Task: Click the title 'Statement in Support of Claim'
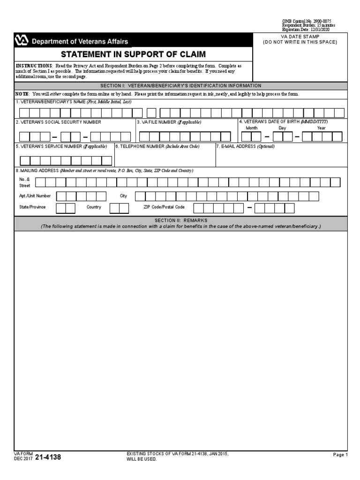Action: (133, 54)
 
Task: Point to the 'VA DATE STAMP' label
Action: (300, 37)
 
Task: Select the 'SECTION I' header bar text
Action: (181, 86)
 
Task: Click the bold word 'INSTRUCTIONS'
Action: (34, 66)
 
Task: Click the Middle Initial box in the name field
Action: (151, 113)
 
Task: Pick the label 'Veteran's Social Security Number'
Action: (58, 122)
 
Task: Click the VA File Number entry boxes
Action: (185, 136)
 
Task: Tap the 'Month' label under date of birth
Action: (252, 128)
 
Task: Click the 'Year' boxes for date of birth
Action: (322, 136)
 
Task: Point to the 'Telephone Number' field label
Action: (157, 146)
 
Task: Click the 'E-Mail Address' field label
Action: (245, 146)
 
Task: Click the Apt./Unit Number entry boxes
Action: (82, 196)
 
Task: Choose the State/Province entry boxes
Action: (65, 208)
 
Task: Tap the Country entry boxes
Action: (119, 208)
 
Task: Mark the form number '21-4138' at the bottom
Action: (48, 457)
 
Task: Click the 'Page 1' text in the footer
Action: (340, 455)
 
